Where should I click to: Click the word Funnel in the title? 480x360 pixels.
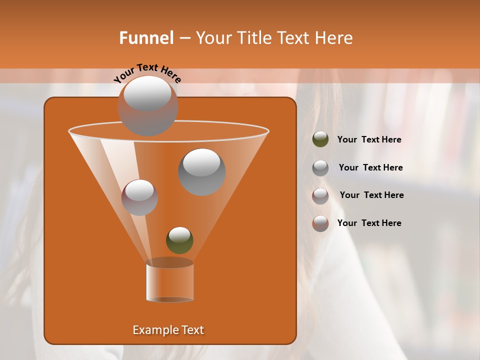pyautogui.click(x=146, y=38)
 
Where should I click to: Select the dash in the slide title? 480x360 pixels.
pyautogui.click(x=184, y=38)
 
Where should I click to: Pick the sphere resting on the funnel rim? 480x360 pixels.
pyautogui.click(x=147, y=105)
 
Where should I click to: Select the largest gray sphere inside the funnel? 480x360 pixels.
pyautogui.click(x=201, y=172)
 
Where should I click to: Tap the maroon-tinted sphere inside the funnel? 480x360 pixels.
pyautogui.click(x=139, y=197)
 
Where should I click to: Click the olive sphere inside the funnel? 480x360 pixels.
pyautogui.click(x=179, y=240)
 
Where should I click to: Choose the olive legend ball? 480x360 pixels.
pyautogui.click(x=320, y=139)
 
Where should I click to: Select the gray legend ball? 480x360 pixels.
pyautogui.click(x=320, y=167)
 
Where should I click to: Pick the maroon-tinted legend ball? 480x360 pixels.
pyautogui.click(x=320, y=195)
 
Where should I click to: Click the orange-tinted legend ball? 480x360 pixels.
pyautogui.click(x=320, y=223)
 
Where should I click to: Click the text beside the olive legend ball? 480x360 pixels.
pyautogui.click(x=369, y=140)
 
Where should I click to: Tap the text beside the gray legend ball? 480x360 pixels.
pyautogui.click(x=370, y=168)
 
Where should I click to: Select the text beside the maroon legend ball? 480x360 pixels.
pyautogui.click(x=371, y=195)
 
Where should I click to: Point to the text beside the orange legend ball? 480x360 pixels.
pyautogui.click(x=369, y=223)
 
